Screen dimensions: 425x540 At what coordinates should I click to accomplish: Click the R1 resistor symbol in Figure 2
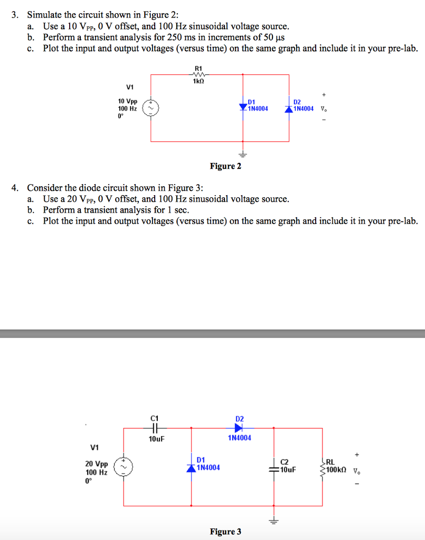[x=199, y=74]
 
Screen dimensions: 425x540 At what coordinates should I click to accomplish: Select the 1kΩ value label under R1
[x=199, y=81]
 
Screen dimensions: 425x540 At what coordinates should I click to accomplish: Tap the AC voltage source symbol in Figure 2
[x=150, y=108]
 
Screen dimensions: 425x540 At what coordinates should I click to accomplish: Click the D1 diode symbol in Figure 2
[x=243, y=107]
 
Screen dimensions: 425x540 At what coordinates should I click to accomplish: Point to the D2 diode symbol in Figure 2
[x=289, y=109]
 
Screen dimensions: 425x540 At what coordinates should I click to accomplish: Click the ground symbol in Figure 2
[x=243, y=155]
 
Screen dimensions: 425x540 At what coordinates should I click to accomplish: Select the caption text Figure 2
[x=226, y=166]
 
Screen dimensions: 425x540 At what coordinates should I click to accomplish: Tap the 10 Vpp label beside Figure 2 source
[x=128, y=101]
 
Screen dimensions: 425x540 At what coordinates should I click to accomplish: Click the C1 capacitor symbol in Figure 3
[x=155, y=428]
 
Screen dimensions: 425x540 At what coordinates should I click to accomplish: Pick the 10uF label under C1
[x=156, y=439]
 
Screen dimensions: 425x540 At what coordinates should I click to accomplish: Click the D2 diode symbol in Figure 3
[x=239, y=428]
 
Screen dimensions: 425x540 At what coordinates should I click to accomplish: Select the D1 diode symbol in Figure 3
[x=191, y=468]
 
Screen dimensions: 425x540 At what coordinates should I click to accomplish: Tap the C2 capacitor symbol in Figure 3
[x=273, y=469]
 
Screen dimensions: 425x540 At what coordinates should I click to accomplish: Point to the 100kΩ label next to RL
[x=336, y=470]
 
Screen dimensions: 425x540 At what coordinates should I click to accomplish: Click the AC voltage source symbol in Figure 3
[x=124, y=467]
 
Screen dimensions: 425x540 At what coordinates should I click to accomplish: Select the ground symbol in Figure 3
[x=273, y=520]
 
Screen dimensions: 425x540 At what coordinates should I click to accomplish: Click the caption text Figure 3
[x=226, y=532]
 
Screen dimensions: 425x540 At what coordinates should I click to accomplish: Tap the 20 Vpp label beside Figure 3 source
[x=97, y=464]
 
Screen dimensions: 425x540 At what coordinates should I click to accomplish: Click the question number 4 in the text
[x=15, y=188]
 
